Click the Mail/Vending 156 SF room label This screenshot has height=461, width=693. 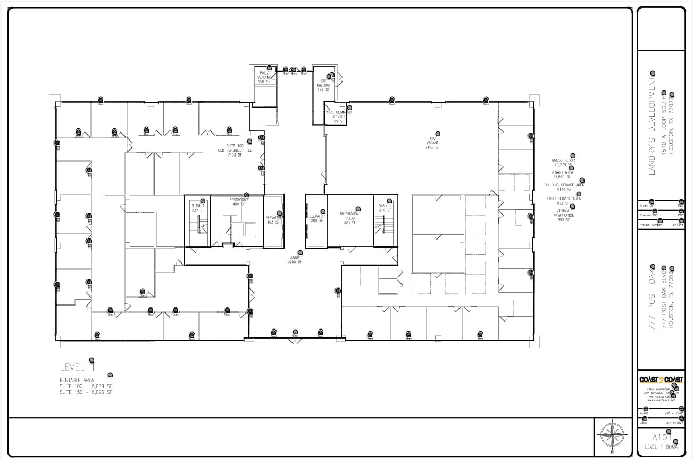tap(264, 77)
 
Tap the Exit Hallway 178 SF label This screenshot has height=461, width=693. tap(323, 85)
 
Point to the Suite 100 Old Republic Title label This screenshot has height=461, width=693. tap(235, 150)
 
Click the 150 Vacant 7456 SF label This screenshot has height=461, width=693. tap(432, 143)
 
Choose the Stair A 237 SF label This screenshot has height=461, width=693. tap(198, 208)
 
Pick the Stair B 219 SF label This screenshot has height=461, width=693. tap(385, 208)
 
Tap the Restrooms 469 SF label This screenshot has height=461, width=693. tap(239, 202)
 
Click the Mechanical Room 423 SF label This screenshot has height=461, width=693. tap(350, 218)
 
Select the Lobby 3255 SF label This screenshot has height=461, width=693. tap(295, 259)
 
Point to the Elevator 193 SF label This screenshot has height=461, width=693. tap(273, 220)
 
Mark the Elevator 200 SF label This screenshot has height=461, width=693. tap(317, 218)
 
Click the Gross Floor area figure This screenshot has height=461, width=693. tap(563, 162)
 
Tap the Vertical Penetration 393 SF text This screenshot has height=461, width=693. tap(563, 215)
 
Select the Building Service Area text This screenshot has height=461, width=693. tap(564, 187)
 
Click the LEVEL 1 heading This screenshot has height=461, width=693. tap(78, 367)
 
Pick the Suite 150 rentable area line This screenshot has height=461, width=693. tap(86, 392)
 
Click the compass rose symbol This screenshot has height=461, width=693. tap(613, 435)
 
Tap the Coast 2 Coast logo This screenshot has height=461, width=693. tap(662, 380)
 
